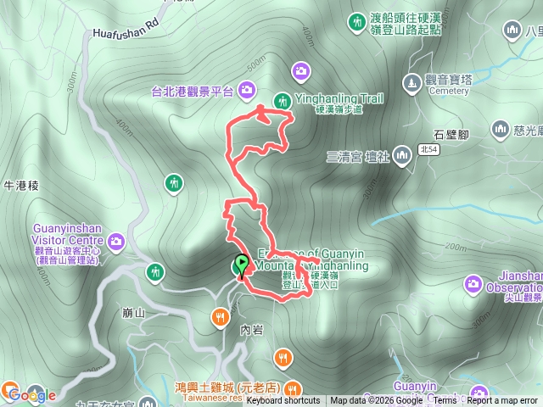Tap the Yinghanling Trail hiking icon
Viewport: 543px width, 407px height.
pos(282,101)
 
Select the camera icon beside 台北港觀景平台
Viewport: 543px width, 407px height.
pos(246,89)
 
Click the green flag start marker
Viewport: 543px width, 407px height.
pos(242,265)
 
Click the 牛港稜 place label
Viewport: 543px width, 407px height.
pos(18,185)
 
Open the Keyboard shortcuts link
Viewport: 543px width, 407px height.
pos(283,401)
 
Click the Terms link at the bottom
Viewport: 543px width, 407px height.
pos(445,401)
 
